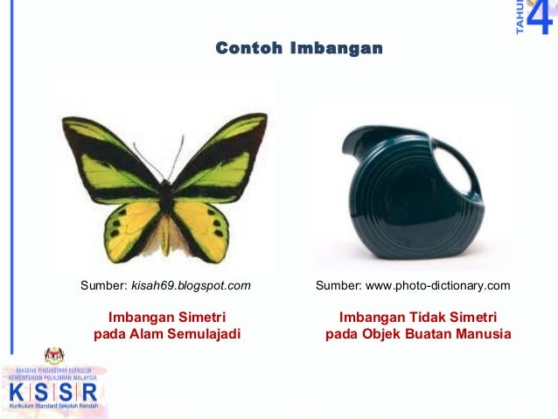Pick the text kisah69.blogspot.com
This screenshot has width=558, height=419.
[x=191, y=285]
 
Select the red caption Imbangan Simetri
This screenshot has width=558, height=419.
[x=166, y=317]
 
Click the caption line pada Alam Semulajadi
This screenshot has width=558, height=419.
[x=166, y=334]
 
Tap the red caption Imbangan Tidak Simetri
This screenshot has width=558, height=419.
[x=418, y=317]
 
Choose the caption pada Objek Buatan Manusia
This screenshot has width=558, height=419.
[x=418, y=334]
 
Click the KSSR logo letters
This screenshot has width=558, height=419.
[x=52, y=390]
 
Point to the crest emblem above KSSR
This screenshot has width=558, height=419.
[x=55, y=355]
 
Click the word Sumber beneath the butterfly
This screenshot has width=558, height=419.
[x=103, y=285]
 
